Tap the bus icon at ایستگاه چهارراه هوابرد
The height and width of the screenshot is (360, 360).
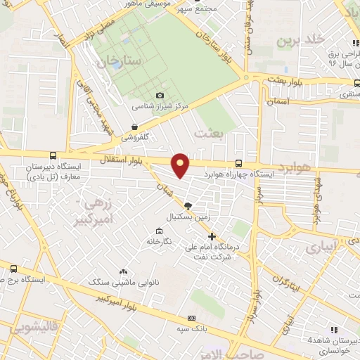pyautogui.click(x=240, y=162)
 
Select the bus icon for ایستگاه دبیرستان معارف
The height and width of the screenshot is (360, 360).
pyautogui.click(x=53, y=156)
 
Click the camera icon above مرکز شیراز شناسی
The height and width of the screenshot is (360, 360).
pyautogui.click(x=160, y=96)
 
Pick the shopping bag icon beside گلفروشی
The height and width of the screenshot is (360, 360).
pyautogui.click(x=134, y=128)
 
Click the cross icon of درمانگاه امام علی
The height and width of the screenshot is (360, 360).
pyautogui.click(x=213, y=236)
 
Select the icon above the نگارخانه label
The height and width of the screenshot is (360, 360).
pyautogui.click(x=160, y=231)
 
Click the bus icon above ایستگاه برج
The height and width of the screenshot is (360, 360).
pyautogui.click(x=14, y=269)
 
